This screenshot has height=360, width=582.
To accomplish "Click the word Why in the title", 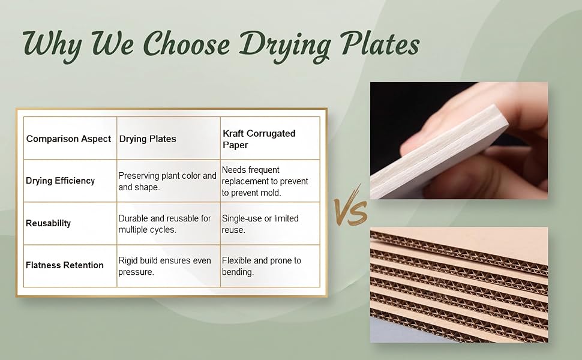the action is point(53,45).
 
